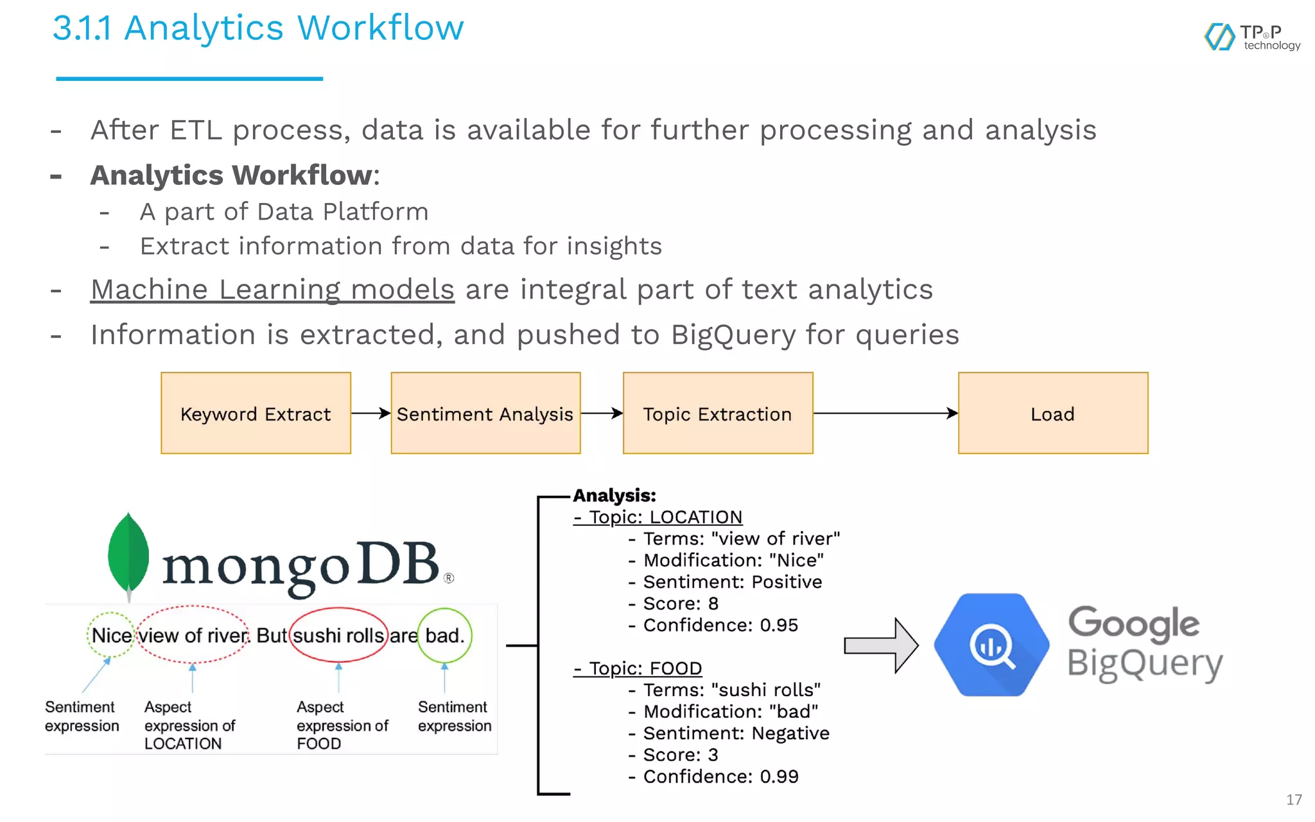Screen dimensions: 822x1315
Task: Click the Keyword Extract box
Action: coord(256,413)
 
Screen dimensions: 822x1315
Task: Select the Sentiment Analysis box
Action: coord(485,413)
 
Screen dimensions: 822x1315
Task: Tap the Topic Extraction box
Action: coord(718,413)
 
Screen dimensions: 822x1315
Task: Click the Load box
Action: coord(1053,413)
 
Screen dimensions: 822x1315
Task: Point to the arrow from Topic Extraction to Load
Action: coord(885,413)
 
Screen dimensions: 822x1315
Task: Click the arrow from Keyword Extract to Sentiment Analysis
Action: coord(370,413)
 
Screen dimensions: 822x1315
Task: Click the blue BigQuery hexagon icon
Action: coord(991,645)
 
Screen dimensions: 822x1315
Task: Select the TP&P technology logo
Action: coord(1252,37)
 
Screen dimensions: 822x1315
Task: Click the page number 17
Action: coord(1294,800)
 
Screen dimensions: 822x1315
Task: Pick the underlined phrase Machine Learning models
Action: coord(273,290)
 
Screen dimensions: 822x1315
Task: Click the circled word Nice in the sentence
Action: coord(111,635)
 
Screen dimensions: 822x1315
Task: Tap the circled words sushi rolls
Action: coord(338,635)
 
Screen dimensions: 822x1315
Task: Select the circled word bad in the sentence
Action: coord(444,635)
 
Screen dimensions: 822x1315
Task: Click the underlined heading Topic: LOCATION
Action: coord(658,517)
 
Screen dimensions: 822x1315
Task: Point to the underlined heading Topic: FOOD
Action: coord(638,669)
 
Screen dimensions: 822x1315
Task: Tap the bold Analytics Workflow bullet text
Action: coord(231,175)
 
